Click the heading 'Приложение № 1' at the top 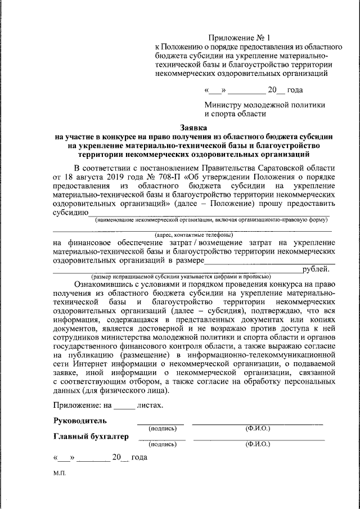(239, 37)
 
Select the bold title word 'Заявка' (194, 128)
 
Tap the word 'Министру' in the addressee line (223, 105)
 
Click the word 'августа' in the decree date (92, 177)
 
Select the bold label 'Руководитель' (80, 421)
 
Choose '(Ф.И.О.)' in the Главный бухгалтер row (258, 444)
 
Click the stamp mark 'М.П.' (60, 474)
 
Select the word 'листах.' (152, 404)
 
